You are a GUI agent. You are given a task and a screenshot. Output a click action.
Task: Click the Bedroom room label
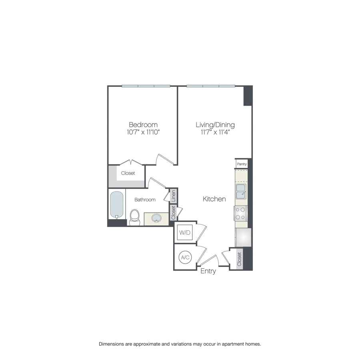(143, 124)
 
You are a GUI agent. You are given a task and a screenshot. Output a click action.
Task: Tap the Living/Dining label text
(215, 124)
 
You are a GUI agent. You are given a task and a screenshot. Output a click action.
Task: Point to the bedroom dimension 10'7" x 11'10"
(143, 132)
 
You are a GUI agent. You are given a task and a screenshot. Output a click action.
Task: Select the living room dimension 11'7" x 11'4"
(215, 132)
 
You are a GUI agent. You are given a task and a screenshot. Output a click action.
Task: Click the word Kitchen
(214, 199)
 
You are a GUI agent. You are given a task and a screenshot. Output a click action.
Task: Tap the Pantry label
(242, 164)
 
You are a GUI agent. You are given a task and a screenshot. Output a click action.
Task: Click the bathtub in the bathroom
(117, 205)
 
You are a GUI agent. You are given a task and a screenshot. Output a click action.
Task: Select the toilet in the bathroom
(134, 217)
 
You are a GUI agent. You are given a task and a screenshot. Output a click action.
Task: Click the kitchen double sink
(241, 191)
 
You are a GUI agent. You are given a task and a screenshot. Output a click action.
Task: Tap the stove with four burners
(240, 213)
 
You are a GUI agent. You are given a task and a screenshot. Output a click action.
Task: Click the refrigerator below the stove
(243, 237)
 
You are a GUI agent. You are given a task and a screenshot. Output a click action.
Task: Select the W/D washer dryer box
(184, 232)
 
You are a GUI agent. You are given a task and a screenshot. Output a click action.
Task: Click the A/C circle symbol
(185, 258)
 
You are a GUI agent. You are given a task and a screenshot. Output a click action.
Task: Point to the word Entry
(208, 271)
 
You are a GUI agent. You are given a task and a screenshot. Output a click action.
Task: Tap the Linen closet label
(173, 196)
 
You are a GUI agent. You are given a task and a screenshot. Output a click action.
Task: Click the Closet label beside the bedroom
(128, 173)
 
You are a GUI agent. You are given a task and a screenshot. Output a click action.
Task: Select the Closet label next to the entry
(239, 259)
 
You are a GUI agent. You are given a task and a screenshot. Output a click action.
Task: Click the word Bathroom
(145, 199)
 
